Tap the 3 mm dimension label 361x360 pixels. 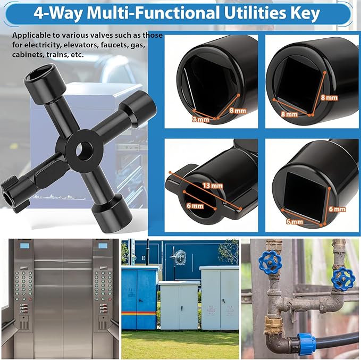200,120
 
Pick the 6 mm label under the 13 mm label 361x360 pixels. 195,205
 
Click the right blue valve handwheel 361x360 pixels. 341,277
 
